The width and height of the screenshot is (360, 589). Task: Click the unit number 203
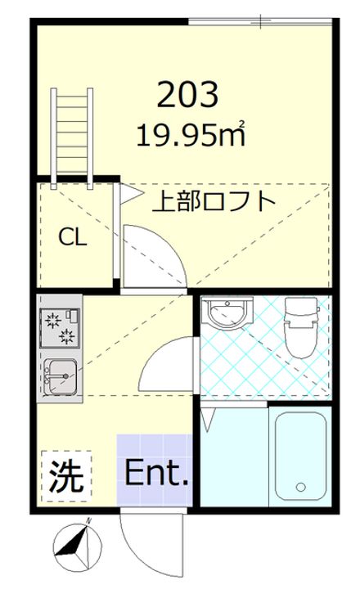pyautogui.click(x=187, y=96)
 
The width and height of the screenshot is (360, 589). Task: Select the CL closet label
pyautogui.click(x=72, y=237)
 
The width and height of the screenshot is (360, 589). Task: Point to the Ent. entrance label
pyautogui.click(x=156, y=474)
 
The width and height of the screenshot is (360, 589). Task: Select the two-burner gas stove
pyautogui.click(x=60, y=324)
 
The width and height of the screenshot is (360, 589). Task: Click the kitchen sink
pyautogui.click(x=60, y=377)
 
